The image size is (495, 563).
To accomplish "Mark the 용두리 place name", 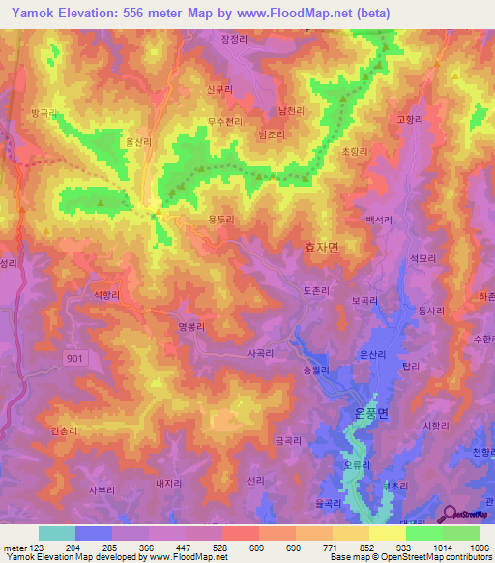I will click(x=221, y=220).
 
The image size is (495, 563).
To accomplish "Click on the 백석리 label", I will click(x=378, y=220).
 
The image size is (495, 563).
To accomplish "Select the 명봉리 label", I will click(x=192, y=327).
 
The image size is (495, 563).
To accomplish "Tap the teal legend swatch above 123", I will click(x=57, y=533).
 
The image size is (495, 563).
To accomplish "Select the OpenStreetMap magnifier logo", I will click(x=450, y=513).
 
